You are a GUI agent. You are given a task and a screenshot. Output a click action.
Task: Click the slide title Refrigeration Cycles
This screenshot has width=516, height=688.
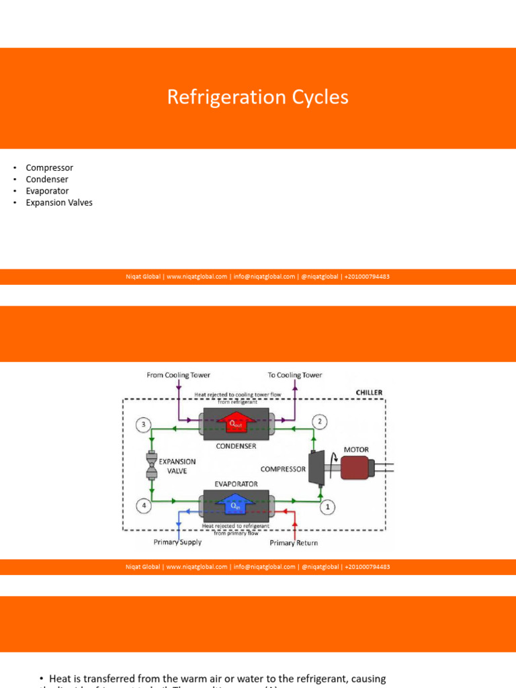click(x=258, y=97)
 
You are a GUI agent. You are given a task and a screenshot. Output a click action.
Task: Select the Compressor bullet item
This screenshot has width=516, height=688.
click(x=49, y=168)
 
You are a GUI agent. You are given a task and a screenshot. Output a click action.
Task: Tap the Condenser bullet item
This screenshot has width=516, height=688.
click(x=47, y=179)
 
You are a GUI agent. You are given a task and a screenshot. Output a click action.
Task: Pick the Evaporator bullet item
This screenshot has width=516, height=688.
click(x=47, y=191)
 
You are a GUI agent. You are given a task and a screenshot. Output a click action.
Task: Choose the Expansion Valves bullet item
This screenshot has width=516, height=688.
click(x=59, y=202)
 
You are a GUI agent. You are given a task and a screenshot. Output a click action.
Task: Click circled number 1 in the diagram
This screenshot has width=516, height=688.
click(x=327, y=507)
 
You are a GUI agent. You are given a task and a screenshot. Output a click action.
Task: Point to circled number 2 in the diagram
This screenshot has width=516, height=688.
click(x=320, y=422)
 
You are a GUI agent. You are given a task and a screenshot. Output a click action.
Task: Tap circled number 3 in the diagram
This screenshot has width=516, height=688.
click(x=142, y=425)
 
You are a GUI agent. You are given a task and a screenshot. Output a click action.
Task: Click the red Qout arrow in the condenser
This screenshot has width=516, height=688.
click(x=234, y=423)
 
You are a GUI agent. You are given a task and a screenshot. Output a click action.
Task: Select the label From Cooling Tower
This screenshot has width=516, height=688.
click(x=178, y=375)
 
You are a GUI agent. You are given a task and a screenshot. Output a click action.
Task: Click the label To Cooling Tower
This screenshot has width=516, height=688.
click(x=294, y=375)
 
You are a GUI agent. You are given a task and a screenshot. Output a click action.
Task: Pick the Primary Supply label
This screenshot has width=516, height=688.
click(x=177, y=542)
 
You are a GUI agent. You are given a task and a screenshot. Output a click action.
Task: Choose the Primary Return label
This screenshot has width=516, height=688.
click(x=294, y=542)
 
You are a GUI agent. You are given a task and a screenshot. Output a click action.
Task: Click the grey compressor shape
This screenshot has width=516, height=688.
click(x=314, y=468)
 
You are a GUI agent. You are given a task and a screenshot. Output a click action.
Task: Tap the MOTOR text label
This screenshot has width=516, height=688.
click(x=355, y=449)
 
